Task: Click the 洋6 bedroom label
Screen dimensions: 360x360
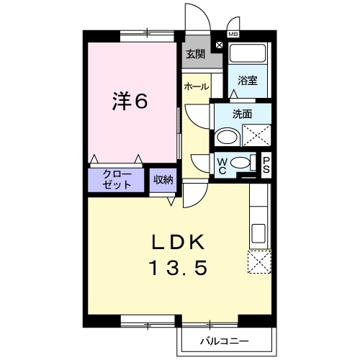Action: (130, 102)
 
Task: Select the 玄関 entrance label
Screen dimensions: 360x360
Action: (195, 54)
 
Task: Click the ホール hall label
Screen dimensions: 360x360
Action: (197, 86)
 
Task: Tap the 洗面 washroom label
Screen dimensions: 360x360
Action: (242, 113)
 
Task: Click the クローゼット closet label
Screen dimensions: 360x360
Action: (117, 179)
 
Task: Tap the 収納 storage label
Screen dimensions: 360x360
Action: (163, 179)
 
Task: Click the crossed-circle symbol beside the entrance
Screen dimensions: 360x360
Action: (219, 44)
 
